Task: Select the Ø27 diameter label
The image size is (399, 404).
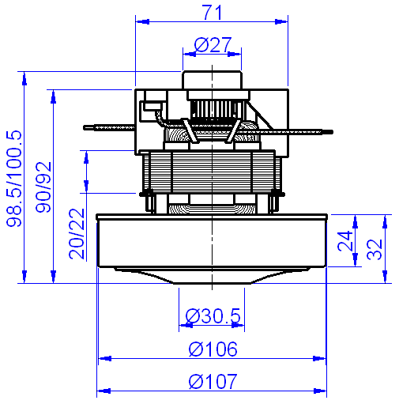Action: tap(212, 45)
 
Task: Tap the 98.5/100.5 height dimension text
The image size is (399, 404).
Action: tap(13, 179)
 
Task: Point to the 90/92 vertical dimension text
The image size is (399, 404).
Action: tap(43, 187)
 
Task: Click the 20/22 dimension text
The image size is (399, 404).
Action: tap(75, 234)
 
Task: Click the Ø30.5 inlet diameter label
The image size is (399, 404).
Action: tap(213, 316)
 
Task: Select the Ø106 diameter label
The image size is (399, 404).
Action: tap(212, 349)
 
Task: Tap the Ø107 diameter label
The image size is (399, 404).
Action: tap(212, 381)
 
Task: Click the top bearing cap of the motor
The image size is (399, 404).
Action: tap(212, 81)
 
